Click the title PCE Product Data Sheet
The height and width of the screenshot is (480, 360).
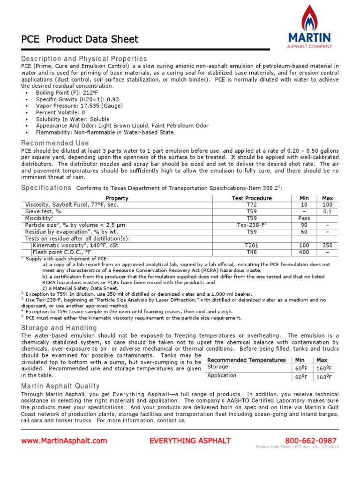pos(80,39)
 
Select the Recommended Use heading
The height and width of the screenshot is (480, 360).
pos(55,143)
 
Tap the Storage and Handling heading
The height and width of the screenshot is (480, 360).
pos(59,328)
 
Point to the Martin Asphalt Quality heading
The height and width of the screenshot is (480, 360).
pos(60,386)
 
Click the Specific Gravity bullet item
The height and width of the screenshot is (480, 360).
pos(74,99)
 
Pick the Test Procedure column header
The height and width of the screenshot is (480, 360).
pos(252,198)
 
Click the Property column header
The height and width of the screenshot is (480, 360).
pos(117,198)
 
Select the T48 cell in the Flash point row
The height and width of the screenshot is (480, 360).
pos(252,252)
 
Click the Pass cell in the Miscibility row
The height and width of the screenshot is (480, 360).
pos(304,218)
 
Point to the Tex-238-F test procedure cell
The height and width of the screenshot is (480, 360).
pos(252,225)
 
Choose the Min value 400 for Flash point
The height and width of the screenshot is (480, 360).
pos(304,252)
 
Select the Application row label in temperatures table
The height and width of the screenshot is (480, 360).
pos(222,375)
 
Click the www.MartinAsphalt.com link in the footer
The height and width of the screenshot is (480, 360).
pos(64,441)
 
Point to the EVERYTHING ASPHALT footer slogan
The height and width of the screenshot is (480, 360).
pos(190,441)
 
